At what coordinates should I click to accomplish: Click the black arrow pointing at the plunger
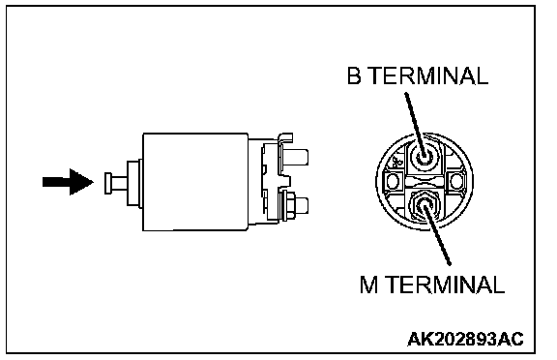(x=68, y=182)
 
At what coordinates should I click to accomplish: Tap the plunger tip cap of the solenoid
(x=108, y=183)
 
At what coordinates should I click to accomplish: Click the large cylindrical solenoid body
(x=195, y=182)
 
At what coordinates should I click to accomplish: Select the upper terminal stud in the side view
(x=296, y=157)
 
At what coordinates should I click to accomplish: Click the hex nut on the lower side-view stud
(x=288, y=206)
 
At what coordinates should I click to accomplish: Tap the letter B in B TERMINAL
(x=354, y=75)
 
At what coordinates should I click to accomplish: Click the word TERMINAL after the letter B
(x=429, y=75)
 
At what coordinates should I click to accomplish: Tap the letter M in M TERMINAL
(x=368, y=285)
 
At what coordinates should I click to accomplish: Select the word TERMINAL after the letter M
(x=446, y=285)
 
